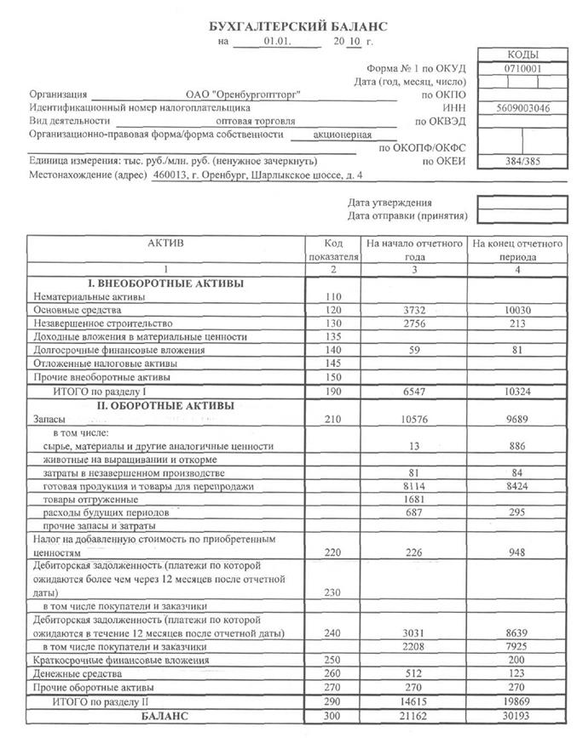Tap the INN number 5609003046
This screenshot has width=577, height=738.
click(x=522, y=109)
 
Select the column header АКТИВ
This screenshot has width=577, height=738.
click(x=165, y=243)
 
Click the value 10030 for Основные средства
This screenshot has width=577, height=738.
click(x=517, y=311)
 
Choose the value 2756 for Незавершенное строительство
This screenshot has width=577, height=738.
click(x=413, y=324)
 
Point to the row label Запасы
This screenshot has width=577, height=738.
click(x=49, y=420)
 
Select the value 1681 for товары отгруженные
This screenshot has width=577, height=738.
click(x=413, y=499)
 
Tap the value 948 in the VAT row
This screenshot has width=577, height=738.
click(x=517, y=552)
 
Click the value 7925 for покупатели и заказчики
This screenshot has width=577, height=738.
click(x=517, y=646)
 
